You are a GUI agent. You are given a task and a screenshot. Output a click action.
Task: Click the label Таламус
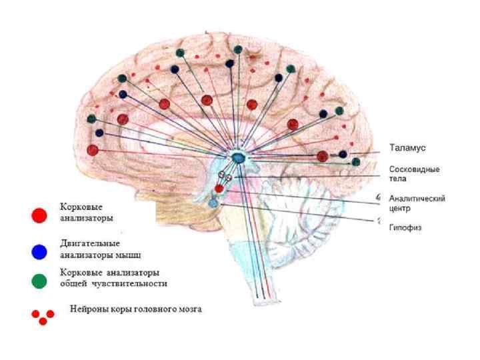click(407, 147)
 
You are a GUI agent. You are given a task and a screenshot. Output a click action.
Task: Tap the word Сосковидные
click(414, 169)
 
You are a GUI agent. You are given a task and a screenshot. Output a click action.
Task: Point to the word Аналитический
click(417, 199)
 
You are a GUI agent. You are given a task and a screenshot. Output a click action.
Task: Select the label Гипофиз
click(405, 227)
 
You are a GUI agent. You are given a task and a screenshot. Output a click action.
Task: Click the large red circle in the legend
click(39, 215)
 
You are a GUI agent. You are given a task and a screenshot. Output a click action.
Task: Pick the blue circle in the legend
click(39, 251)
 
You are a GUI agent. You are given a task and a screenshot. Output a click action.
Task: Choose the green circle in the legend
click(39, 281)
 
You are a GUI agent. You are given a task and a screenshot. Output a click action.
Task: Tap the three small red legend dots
click(43, 316)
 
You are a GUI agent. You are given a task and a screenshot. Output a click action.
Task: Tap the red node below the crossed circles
click(219, 189)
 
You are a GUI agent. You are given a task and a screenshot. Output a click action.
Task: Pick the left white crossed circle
click(222, 175)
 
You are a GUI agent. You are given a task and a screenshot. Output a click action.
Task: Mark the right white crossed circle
click(229, 178)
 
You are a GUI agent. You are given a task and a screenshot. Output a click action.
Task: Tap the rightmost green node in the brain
click(355, 161)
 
